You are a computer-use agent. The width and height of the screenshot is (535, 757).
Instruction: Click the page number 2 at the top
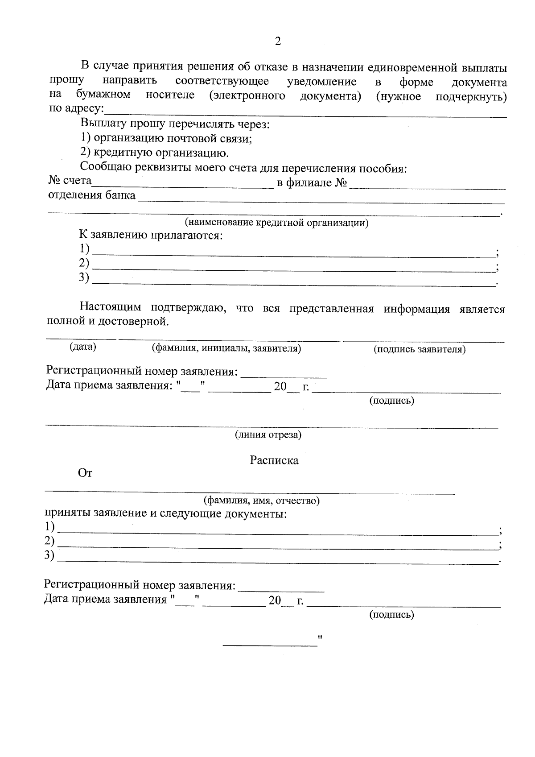point(278,41)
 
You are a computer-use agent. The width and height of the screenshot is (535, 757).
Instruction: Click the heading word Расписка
point(274,460)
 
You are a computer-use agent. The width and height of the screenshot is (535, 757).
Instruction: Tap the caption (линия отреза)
point(268,434)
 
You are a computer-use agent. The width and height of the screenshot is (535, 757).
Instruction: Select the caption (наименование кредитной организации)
point(276,222)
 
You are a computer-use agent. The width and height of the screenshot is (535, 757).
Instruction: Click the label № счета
point(70,181)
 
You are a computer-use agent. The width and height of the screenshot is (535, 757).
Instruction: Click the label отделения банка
point(92,195)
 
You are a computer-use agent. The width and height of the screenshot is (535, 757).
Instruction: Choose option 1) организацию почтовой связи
point(166,138)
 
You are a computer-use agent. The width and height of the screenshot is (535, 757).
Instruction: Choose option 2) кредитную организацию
point(155,153)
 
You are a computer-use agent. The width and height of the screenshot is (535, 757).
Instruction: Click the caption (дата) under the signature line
point(83,347)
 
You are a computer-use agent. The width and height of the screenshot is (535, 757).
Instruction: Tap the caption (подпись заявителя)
point(419,349)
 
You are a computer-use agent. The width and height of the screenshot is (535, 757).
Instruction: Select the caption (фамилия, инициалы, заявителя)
point(226,348)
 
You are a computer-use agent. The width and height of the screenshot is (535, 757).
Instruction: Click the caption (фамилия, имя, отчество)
point(261,500)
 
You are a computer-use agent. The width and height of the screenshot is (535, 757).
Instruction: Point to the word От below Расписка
point(85,473)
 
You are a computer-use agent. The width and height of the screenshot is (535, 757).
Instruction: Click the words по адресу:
point(76,109)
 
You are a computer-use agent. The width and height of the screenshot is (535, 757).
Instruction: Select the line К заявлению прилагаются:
point(151,235)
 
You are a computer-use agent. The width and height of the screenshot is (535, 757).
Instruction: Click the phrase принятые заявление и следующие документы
point(165,513)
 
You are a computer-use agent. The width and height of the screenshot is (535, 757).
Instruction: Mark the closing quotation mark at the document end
point(320,638)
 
